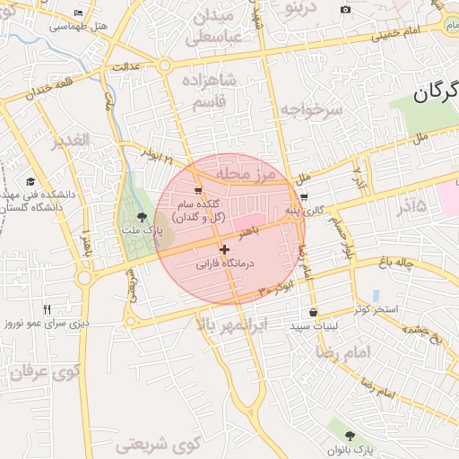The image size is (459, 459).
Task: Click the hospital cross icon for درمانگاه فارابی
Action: [x=224, y=248]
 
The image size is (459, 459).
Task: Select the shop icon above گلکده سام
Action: [x=198, y=190]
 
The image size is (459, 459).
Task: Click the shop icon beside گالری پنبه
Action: [x=304, y=197]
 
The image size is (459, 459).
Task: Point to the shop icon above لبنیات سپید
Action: [x=313, y=312]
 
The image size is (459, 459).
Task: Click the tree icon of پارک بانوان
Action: [x=350, y=435]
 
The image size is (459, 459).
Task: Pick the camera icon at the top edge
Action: [x=346, y=10]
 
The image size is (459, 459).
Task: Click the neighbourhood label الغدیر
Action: [x=71, y=142]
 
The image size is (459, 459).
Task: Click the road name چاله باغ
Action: [x=399, y=263]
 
